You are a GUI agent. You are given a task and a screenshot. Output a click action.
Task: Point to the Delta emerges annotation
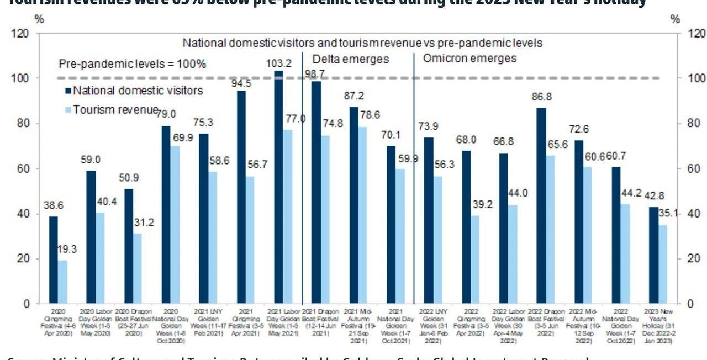click(x=351, y=59)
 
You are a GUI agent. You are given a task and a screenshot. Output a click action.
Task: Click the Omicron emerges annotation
click(x=469, y=59)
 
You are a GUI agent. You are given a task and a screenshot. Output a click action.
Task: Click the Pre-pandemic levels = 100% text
click(x=133, y=65)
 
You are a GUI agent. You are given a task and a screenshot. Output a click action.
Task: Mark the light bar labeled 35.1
click(x=662, y=264)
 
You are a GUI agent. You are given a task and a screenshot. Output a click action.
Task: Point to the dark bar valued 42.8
click(x=653, y=255)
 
